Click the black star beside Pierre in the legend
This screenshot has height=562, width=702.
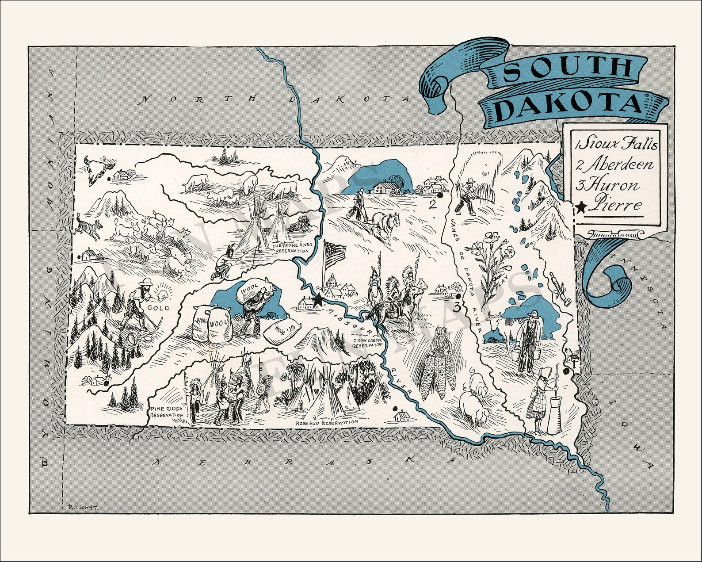pos(581,206)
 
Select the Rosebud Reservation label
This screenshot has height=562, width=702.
pos(327,423)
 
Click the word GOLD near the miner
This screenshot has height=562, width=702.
pos(158,307)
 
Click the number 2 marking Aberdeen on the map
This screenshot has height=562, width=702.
pos(433,204)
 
